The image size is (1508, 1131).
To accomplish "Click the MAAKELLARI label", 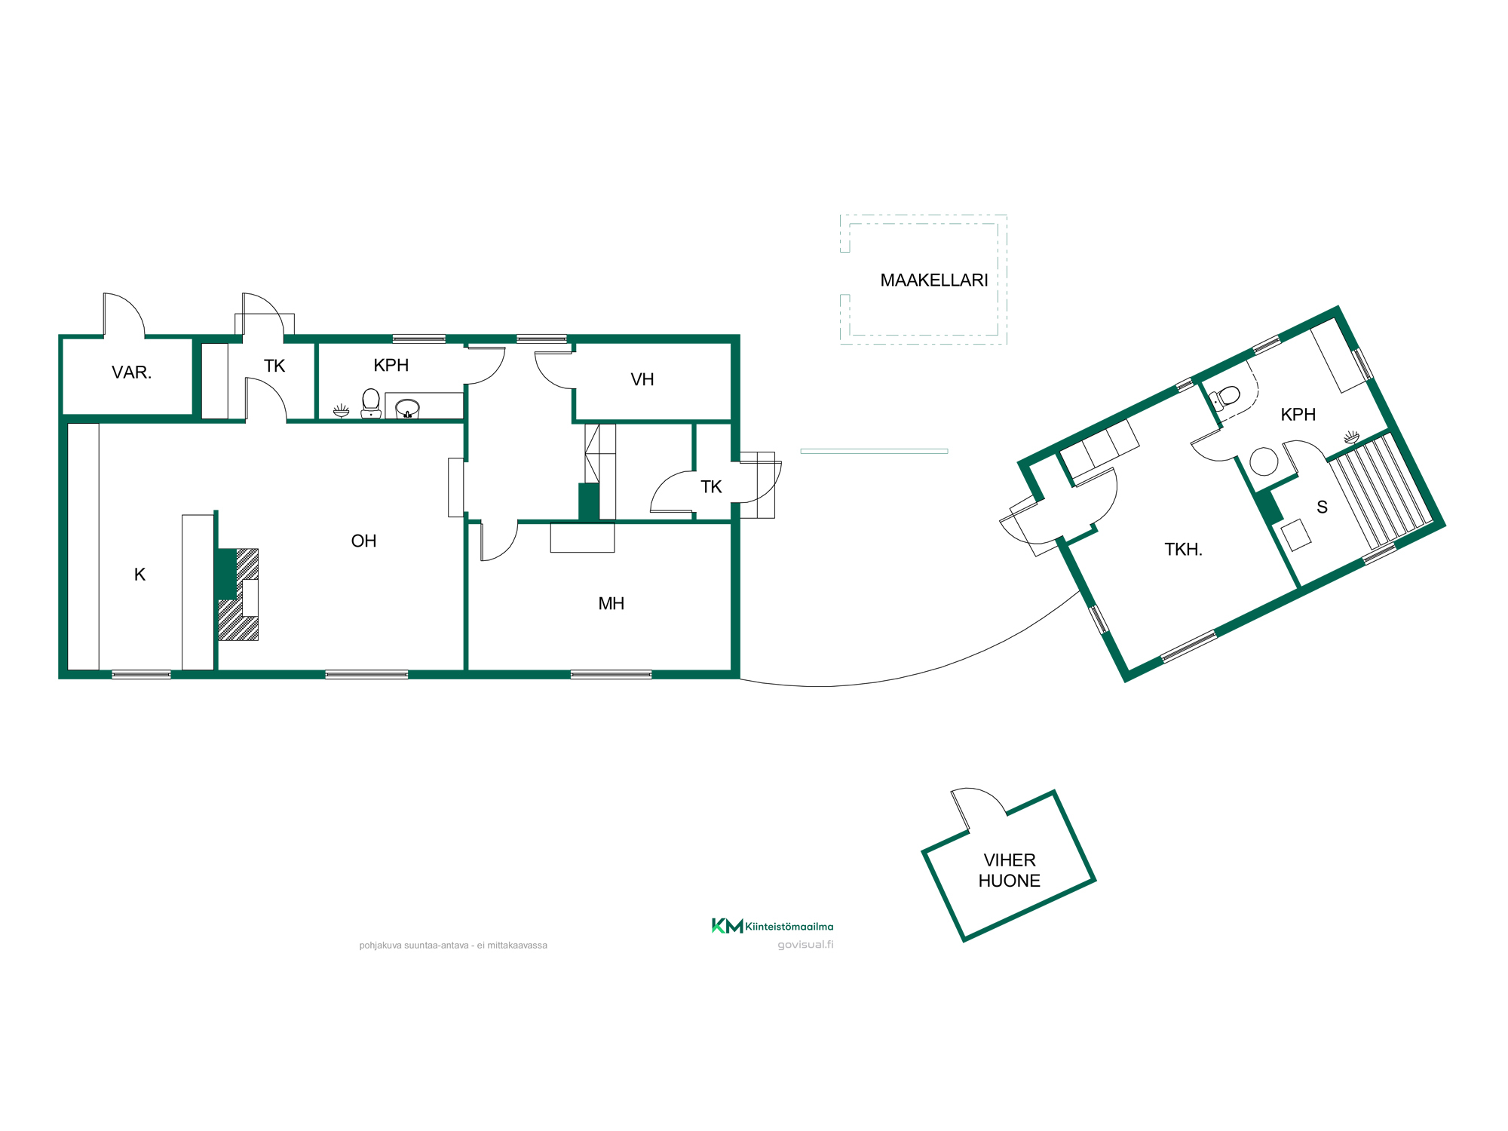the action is [x=934, y=280].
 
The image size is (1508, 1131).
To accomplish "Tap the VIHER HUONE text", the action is [x=1010, y=870].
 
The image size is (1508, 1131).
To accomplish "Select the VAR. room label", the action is [x=132, y=372].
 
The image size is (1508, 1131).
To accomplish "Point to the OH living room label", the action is [x=363, y=541].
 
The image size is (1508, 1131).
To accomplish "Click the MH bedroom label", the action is [x=611, y=603].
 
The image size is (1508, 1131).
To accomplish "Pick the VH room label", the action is [x=642, y=379].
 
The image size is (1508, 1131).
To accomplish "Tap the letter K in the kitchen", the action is [x=139, y=575].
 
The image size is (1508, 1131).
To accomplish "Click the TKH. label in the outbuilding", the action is [x=1183, y=550].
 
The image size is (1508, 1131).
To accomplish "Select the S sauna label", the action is [x=1322, y=507].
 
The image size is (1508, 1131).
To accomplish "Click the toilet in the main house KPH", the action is [x=371, y=403].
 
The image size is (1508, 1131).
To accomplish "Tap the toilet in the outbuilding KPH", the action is [x=1225, y=397].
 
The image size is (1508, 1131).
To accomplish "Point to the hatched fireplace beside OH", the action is [x=239, y=595].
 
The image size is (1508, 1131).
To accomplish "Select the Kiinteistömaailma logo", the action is [x=772, y=926].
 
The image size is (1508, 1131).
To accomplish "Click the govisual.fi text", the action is [x=805, y=945].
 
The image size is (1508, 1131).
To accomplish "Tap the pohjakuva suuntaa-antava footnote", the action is [x=453, y=946].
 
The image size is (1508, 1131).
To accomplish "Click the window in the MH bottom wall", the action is [x=611, y=675].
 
